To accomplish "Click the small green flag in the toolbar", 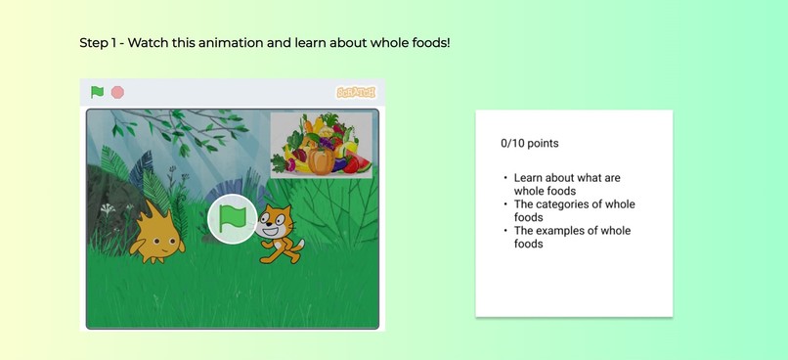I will pos(97,92).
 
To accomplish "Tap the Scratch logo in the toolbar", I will pos(356,92).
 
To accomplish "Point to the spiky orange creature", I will pos(156,232).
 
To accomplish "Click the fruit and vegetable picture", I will pos(321,144).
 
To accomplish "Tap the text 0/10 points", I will pos(529,143).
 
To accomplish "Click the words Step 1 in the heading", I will pos(98,44).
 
